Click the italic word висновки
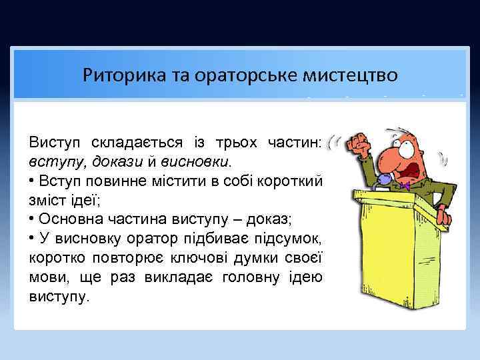pyautogui.click(x=200, y=161)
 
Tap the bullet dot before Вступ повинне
pyautogui.click(x=32, y=181)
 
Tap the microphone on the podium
pyautogui.click(x=385, y=179)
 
